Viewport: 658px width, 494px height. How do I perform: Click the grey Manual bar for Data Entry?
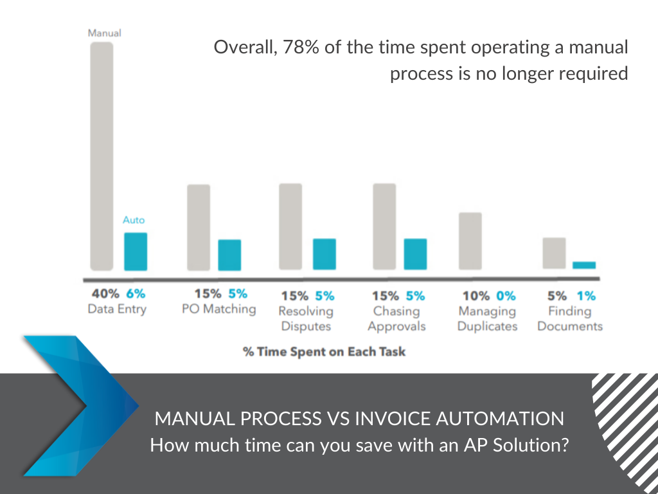[x=102, y=156]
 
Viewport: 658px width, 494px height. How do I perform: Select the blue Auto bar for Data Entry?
[x=136, y=252]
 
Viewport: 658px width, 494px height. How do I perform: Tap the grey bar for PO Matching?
[x=199, y=227]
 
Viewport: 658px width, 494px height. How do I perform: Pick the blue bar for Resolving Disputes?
[x=325, y=254]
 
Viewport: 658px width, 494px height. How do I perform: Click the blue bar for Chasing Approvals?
[x=416, y=254]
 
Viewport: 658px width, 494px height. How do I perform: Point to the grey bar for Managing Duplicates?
[x=470, y=241]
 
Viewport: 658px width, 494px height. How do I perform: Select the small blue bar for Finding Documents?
[x=584, y=265]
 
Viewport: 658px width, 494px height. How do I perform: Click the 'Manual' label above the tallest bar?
[x=105, y=33]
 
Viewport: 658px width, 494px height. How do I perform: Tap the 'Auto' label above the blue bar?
[x=134, y=220]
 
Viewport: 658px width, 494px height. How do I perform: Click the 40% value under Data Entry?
[x=105, y=293]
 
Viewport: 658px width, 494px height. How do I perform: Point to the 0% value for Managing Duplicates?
[x=506, y=296]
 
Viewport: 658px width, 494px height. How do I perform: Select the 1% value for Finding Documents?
[x=586, y=296]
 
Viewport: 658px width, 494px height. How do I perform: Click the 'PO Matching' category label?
[x=218, y=309]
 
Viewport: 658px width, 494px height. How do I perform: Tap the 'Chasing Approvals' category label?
[x=396, y=319]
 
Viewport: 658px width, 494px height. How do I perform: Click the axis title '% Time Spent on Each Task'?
[x=325, y=352]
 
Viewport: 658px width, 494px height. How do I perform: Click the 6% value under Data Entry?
[x=136, y=293]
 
